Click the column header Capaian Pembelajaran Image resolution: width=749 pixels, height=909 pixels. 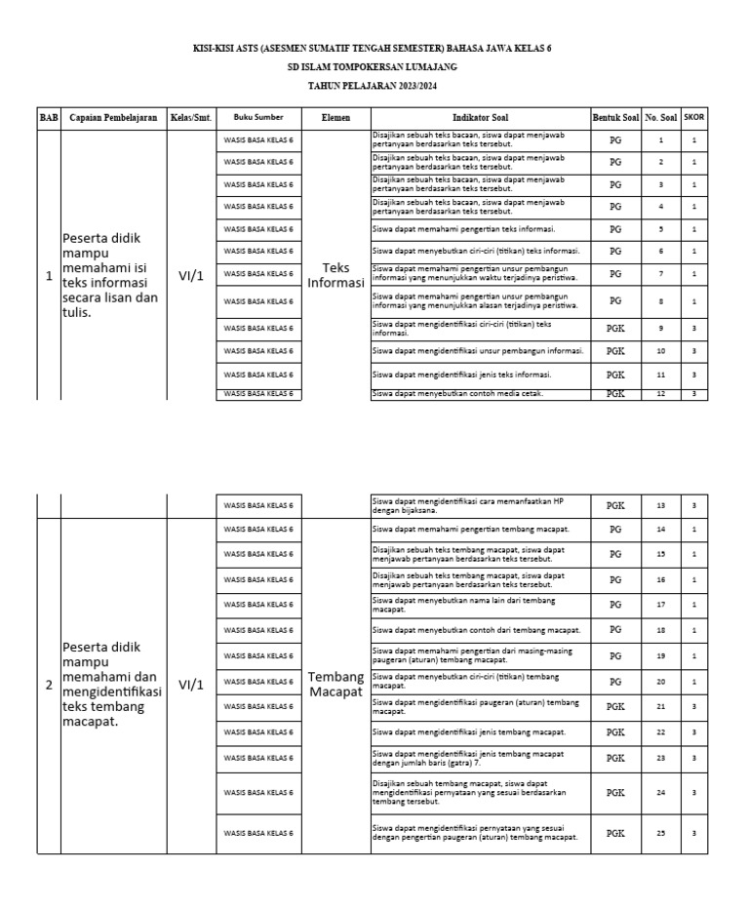click(113, 117)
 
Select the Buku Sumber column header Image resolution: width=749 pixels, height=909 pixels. click(258, 117)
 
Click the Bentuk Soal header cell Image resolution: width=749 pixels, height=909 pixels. click(615, 117)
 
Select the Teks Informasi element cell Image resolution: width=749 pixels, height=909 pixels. click(335, 276)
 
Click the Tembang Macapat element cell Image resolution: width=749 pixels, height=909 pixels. click(335, 684)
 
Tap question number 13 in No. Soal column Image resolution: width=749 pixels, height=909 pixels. click(660, 505)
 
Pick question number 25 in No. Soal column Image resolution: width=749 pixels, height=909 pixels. click(660, 833)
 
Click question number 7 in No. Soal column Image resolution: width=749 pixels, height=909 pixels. click(660, 274)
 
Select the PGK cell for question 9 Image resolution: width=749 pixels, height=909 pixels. click(615, 328)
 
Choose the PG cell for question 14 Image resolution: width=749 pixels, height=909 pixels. click(615, 529)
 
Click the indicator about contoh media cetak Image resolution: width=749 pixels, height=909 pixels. click(458, 393)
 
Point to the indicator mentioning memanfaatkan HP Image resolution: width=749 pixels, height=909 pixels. click(468, 505)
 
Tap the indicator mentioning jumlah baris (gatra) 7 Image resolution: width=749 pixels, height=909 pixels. click(468, 757)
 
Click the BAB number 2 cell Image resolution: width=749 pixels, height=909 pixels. click(49, 685)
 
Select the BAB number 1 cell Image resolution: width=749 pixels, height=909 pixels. click(49, 276)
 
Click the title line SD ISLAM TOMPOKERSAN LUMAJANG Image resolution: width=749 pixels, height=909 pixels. click(373, 67)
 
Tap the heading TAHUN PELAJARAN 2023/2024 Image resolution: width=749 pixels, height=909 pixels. click(373, 86)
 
